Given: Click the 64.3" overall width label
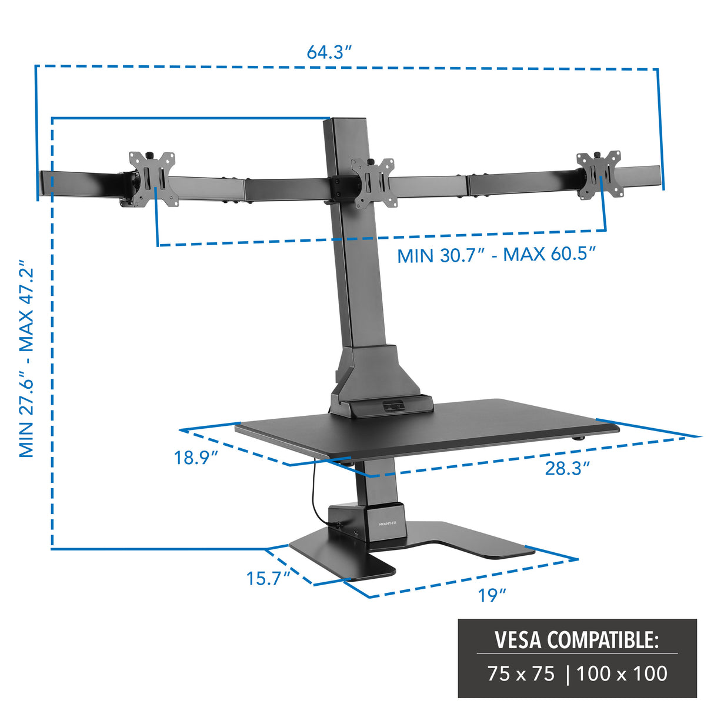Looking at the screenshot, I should point(329,52).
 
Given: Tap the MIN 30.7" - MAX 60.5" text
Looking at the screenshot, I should point(496,255).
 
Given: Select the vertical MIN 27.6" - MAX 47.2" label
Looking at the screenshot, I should point(27,359).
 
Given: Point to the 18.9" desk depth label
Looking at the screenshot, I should point(195,457).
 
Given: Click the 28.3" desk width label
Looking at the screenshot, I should point(566,468).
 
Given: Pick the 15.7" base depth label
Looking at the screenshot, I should point(268,578).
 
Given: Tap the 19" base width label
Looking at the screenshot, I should point(492,595).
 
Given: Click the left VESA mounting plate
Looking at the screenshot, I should point(153,179).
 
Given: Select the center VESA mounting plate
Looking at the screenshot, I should point(373,183).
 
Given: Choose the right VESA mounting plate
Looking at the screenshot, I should point(599,175).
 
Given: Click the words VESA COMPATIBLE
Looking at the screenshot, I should point(576,639).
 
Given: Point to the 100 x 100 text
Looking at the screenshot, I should point(622,673).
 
